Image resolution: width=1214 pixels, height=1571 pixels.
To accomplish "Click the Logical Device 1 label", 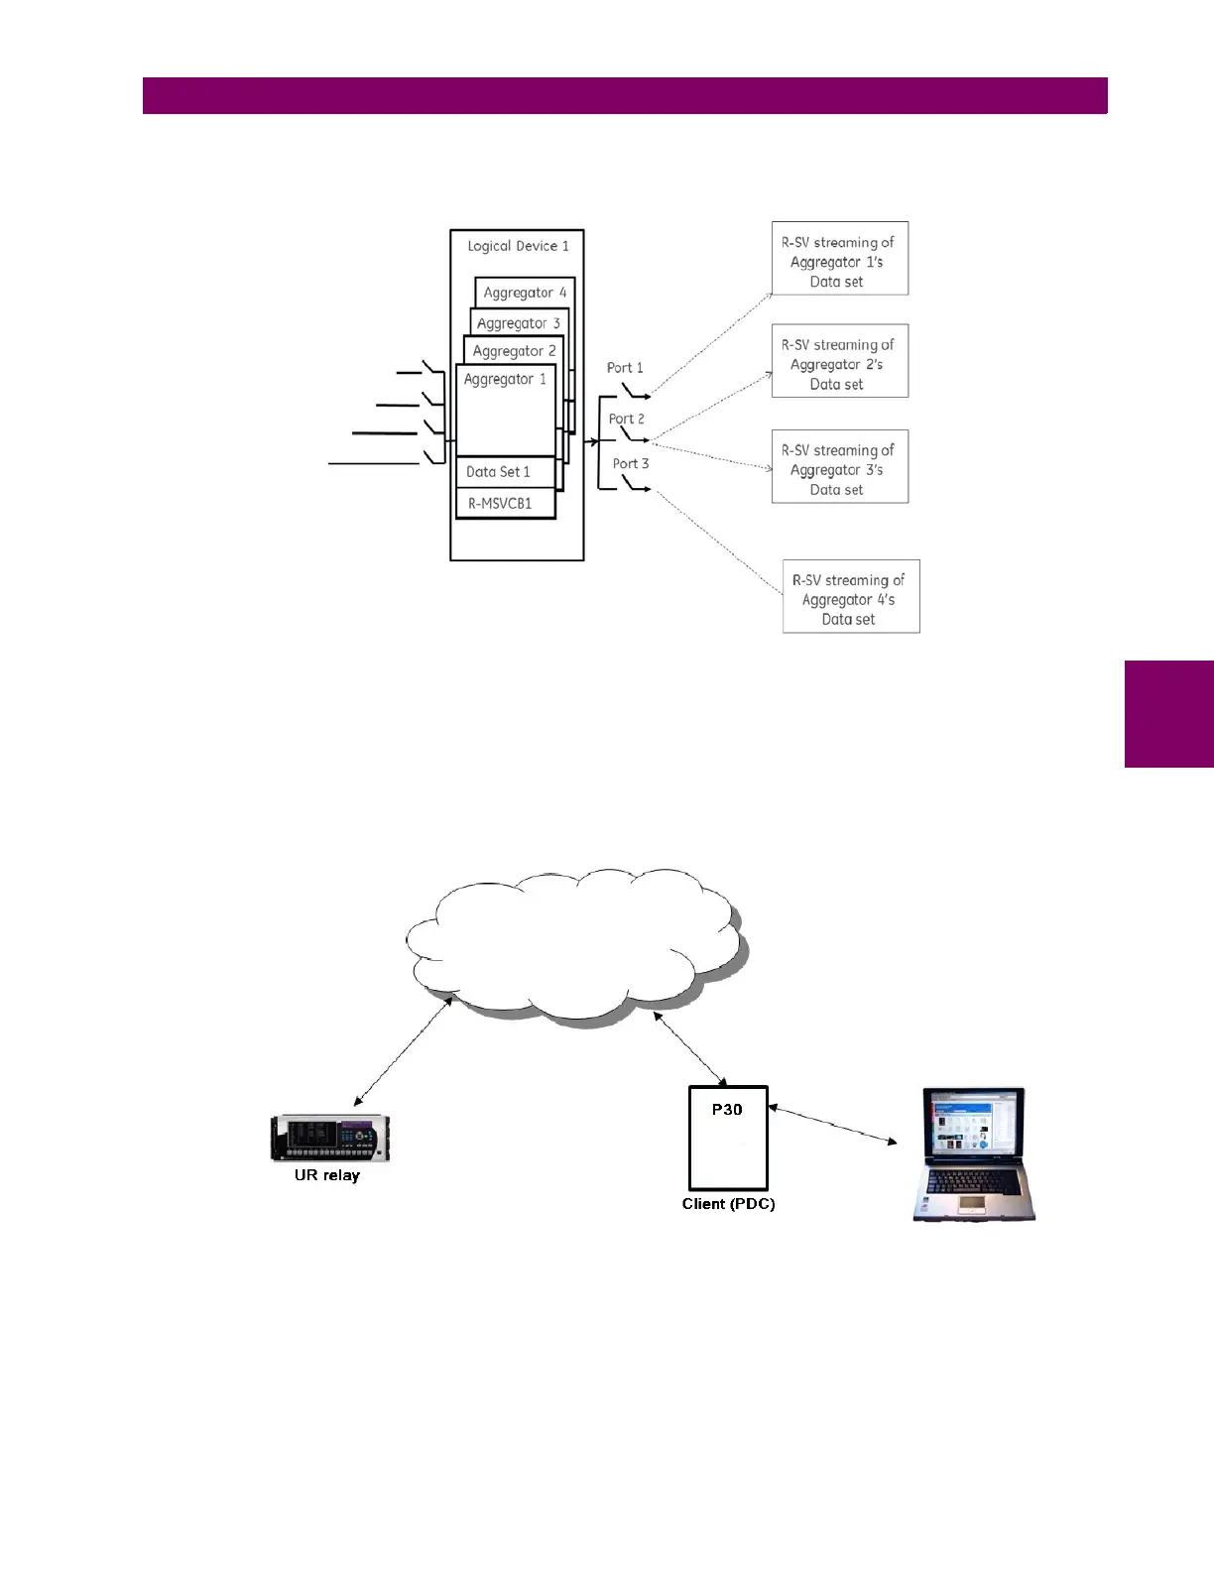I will [x=518, y=246].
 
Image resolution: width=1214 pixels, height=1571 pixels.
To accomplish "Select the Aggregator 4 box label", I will [x=525, y=293].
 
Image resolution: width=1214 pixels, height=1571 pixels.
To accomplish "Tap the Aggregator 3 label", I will [x=518, y=323].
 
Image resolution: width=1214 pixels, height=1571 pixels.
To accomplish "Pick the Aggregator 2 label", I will [x=514, y=351].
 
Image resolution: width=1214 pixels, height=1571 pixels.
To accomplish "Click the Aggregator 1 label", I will [x=505, y=379].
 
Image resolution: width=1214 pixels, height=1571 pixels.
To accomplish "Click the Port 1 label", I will [x=625, y=368].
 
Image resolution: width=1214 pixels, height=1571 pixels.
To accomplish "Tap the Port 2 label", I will [x=627, y=420].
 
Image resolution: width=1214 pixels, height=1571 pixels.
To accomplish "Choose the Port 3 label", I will [x=631, y=463].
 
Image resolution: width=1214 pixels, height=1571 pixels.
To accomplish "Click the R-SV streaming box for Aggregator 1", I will [x=839, y=259].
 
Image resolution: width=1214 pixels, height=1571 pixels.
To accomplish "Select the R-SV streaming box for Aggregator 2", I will [x=839, y=362].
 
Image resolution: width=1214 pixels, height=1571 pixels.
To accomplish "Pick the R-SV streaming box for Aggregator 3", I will [x=839, y=467].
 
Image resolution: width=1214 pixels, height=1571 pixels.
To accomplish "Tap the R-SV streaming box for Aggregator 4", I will [x=851, y=597].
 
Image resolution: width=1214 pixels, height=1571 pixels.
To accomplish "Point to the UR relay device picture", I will [x=330, y=1139].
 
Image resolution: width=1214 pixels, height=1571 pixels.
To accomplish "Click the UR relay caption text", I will [x=327, y=1175].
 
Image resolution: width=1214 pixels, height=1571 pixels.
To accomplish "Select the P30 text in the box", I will [x=727, y=1110].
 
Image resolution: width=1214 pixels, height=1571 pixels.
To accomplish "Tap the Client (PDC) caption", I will [x=728, y=1204].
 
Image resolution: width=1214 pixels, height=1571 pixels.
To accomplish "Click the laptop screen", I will [x=974, y=1126].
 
